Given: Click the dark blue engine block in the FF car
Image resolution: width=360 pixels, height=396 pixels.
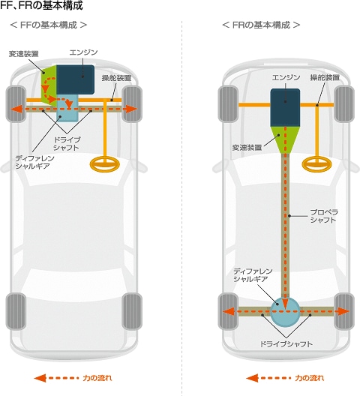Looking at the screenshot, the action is [x=75, y=79].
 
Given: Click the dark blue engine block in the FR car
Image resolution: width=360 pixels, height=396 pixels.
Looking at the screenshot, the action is [x=285, y=107].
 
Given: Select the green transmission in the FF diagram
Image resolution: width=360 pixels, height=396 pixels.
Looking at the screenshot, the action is [x=49, y=84].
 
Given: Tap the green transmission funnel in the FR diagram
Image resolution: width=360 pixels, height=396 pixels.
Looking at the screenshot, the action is [x=285, y=139].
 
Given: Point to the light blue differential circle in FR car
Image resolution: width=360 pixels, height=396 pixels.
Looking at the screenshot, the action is [x=285, y=312].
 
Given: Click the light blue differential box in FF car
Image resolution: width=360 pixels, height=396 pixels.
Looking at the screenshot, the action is [x=67, y=108].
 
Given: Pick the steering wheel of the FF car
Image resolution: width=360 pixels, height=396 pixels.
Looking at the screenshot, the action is [x=105, y=164].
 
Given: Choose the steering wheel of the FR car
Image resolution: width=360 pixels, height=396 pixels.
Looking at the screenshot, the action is [x=316, y=164].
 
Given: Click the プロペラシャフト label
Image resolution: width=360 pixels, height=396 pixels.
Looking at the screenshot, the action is [x=323, y=216].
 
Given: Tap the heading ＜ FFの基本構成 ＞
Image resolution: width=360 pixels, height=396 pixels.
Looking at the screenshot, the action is [x=49, y=25].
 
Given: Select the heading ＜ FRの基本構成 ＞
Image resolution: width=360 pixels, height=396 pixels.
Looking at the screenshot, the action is [x=261, y=25].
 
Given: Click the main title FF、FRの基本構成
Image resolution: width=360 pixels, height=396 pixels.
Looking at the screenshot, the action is [x=42, y=5].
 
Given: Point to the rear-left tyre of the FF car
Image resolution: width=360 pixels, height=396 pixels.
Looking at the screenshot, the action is [x=16, y=311].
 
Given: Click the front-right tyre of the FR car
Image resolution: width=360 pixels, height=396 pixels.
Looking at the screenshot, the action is [x=344, y=104].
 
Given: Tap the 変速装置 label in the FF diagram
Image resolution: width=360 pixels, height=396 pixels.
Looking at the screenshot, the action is [x=23, y=54].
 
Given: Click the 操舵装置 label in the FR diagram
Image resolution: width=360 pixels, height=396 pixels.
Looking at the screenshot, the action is [x=325, y=77].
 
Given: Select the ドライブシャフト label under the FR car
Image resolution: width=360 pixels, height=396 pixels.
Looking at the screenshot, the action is [x=286, y=343].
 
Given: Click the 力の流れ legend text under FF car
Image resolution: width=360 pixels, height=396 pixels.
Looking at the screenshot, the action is [x=97, y=378].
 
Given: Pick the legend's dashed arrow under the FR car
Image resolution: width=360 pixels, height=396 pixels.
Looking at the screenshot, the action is [x=268, y=378].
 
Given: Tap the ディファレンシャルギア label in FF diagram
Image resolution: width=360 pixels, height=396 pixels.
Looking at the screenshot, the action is [x=34, y=162].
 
